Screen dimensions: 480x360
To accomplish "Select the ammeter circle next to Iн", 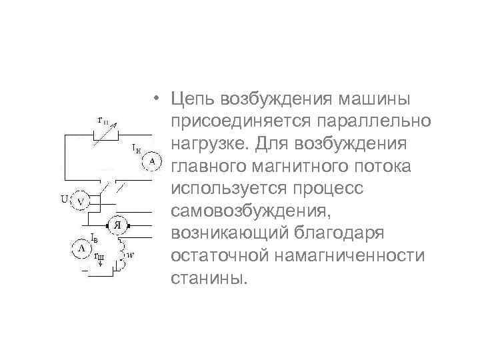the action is [x=152, y=161].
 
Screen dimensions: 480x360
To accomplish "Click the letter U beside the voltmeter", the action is [x=65, y=199].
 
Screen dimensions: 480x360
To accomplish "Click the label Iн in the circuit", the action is [x=137, y=146].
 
